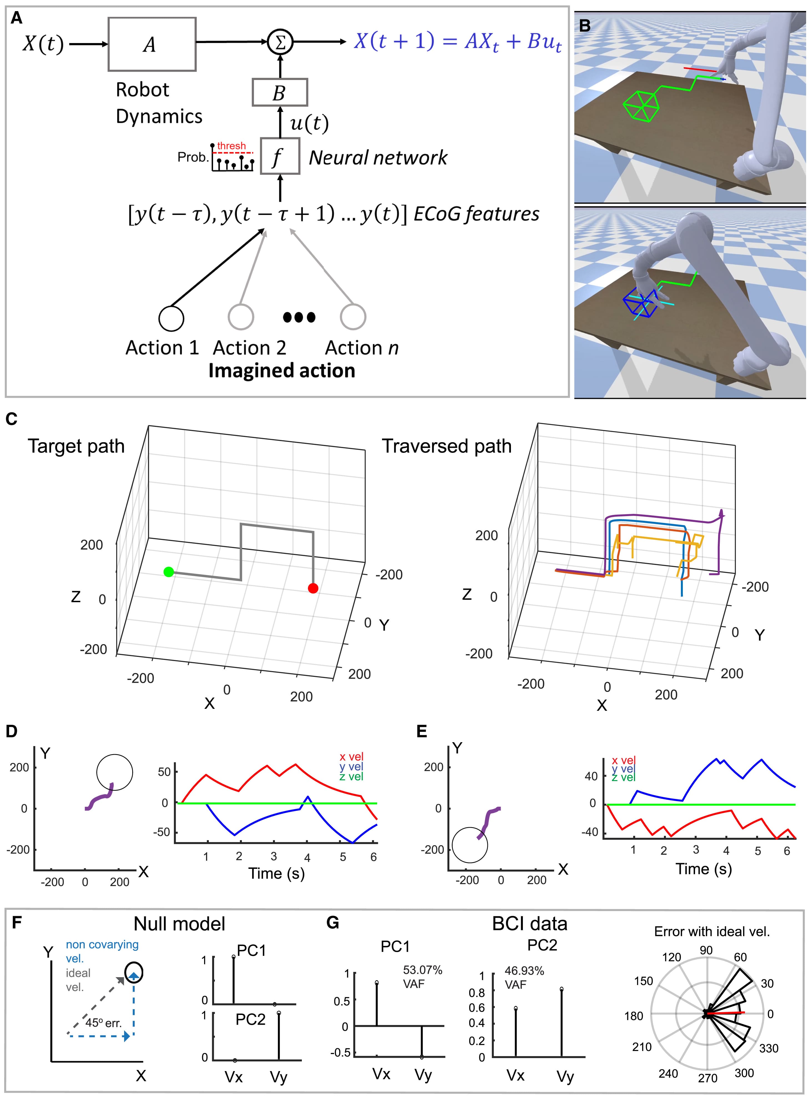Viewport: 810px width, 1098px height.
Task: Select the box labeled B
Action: (279, 92)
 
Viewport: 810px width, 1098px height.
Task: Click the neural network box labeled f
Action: (279, 156)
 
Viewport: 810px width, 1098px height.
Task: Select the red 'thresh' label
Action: (231, 146)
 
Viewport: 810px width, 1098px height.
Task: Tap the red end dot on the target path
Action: (313, 588)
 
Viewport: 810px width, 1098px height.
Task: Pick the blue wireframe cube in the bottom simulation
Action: (640, 302)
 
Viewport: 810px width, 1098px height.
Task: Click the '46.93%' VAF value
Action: (524, 971)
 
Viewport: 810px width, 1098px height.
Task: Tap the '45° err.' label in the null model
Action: (104, 1022)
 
